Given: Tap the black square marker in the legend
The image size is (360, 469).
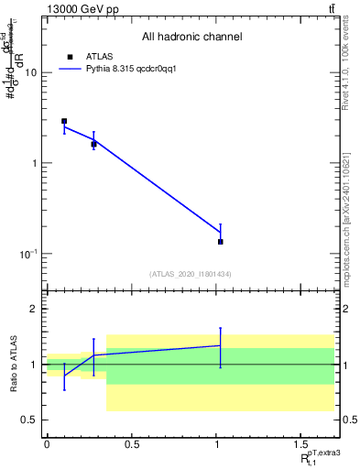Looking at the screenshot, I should click(70, 57).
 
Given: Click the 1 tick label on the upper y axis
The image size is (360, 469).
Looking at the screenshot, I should click(35, 163).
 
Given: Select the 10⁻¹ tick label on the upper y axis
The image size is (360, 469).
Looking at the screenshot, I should click(29, 253).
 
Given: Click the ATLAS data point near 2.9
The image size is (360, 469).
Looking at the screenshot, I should click(64, 121).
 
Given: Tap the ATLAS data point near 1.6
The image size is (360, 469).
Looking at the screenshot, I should click(93, 144).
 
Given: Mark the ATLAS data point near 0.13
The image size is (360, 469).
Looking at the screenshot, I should click(221, 242).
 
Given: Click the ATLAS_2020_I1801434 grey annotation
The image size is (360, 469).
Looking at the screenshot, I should click(191, 274).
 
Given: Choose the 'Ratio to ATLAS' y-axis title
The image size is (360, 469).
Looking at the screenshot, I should click(13, 365).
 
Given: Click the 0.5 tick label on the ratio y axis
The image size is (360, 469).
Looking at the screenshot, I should click(31, 420).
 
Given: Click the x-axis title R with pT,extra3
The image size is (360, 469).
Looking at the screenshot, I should click(317, 458).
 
